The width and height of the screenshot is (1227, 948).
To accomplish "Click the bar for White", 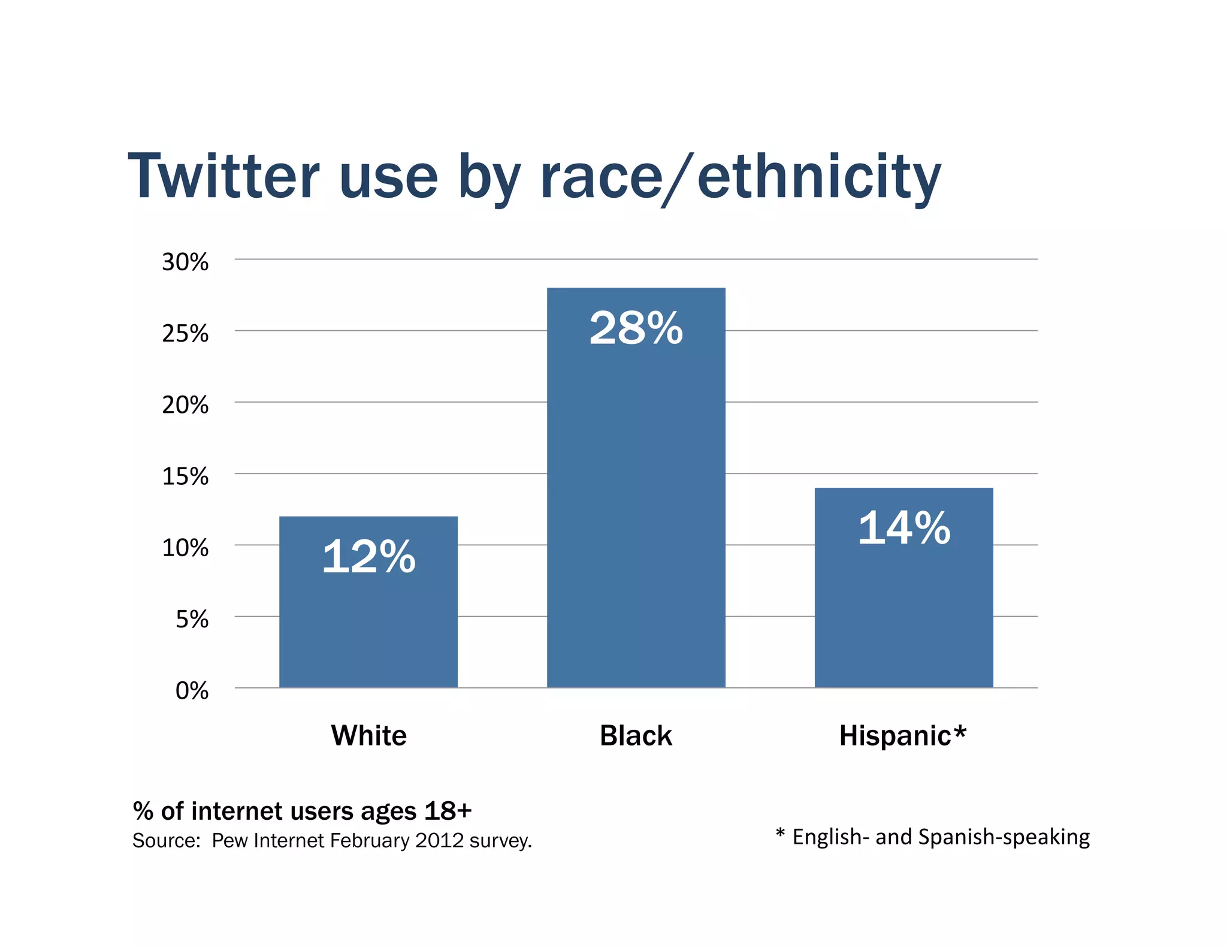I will tap(368, 623).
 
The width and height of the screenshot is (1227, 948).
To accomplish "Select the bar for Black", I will tap(636, 509).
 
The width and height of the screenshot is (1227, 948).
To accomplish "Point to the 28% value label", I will tap(636, 328).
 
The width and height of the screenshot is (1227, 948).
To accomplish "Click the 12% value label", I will tap(368, 557).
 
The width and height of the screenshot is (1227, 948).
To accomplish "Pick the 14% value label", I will tap(903, 528).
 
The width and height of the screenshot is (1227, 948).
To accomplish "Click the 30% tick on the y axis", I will tap(185, 262).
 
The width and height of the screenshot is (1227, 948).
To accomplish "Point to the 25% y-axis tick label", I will tap(185, 333).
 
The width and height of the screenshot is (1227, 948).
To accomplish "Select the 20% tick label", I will tap(185, 405).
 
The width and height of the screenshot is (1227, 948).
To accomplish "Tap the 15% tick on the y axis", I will tap(185, 476).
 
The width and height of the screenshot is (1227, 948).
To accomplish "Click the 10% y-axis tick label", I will tap(185, 548).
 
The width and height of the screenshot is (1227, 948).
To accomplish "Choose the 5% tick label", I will tap(192, 619).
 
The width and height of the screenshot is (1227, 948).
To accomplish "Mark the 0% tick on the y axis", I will tap(192, 691).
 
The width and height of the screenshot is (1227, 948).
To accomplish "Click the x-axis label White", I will tap(368, 735).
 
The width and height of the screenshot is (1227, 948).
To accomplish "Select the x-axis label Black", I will tap(636, 735).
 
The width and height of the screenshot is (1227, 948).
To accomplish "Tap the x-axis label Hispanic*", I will tap(903, 735).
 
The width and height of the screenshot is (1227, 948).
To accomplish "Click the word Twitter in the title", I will tap(223, 177).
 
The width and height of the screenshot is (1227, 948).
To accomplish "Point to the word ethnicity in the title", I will tap(819, 177).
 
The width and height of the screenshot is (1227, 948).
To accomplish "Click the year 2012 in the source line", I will tap(440, 841).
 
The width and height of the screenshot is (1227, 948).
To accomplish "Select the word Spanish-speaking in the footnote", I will tap(1004, 837).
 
